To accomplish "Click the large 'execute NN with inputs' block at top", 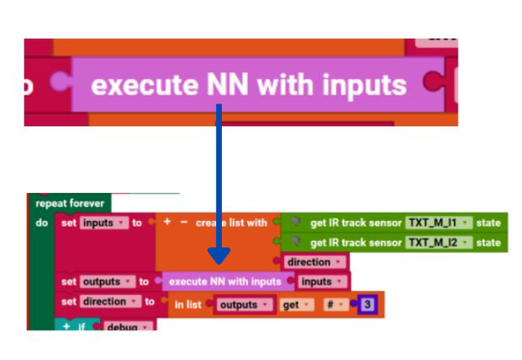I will click(248, 85).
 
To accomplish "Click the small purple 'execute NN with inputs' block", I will click(224, 282).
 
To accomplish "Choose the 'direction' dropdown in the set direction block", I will click(110, 302).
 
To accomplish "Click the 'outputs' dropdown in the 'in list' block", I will click(244, 305).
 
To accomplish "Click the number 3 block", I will click(368, 305).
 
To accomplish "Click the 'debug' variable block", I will click(127, 327).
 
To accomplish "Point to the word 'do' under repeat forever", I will click(42, 223).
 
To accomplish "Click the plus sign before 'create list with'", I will click(167, 223).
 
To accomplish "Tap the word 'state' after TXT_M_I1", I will click(488, 223).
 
